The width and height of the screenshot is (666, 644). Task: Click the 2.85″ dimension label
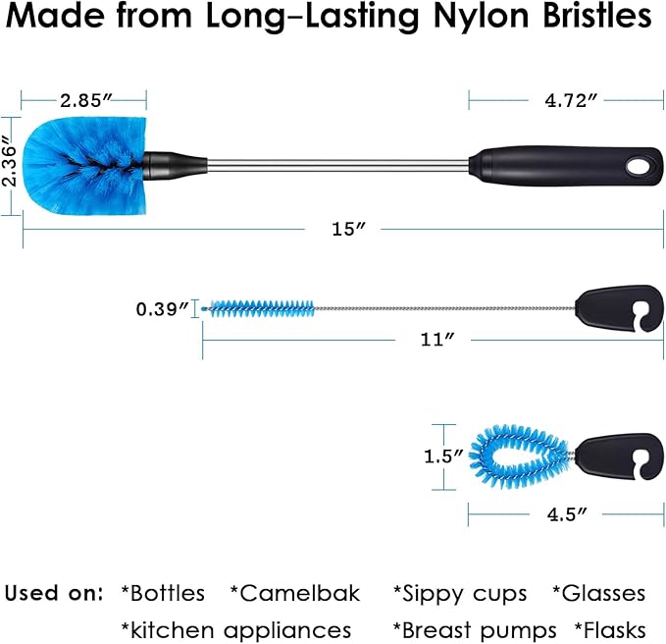[x=86, y=101]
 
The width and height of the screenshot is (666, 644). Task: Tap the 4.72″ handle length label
[x=571, y=101]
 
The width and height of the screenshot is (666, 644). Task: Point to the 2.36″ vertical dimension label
[x=9, y=161]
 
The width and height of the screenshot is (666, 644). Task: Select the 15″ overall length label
[x=349, y=229]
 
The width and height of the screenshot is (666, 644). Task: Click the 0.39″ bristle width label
[x=162, y=309]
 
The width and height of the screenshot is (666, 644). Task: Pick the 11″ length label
[x=437, y=340]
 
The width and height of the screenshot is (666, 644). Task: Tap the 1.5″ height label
[x=443, y=456]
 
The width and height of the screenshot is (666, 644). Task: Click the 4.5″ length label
[x=567, y=514]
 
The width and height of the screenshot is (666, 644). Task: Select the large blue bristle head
[x=84, y=165]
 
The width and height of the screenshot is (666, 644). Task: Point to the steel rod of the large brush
[x=338, y=166]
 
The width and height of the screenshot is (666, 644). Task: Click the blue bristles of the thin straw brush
[x=262, y=308]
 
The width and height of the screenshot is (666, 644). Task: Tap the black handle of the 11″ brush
[x=619, y=309]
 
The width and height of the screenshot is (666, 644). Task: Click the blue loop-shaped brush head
[x=521, y=456]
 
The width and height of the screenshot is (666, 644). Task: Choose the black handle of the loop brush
[x=619, y=456]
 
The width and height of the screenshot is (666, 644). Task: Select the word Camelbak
[x=295, y=593]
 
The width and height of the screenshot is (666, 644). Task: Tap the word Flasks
[x=610, y=630]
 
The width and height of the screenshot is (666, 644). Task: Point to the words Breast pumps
[x=475, y=630]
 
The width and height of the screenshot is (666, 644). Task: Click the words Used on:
[x=54, y=593]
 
